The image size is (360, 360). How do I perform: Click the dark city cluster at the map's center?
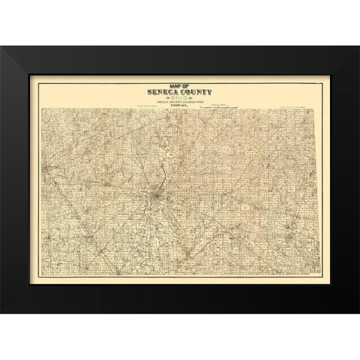[x=154, y=197]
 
